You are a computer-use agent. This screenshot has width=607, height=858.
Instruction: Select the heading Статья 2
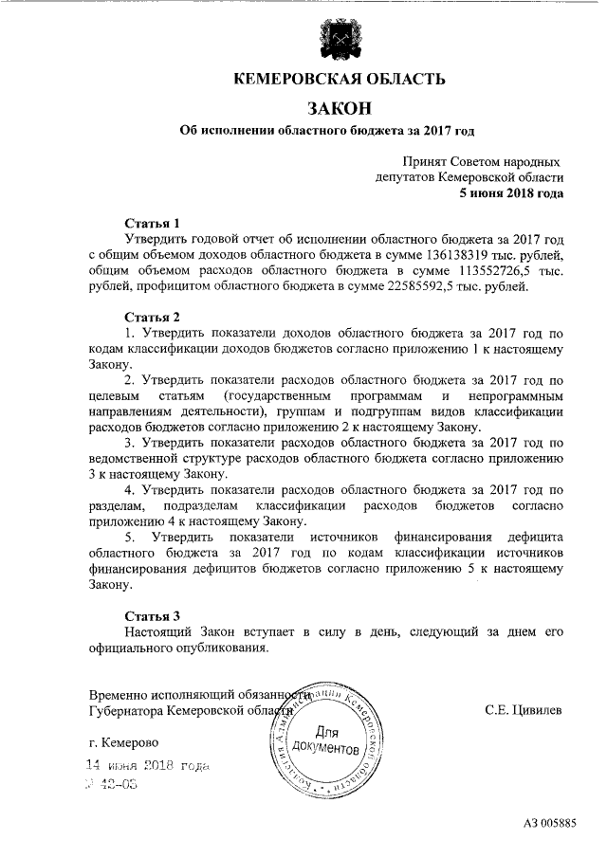(152, 316)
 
